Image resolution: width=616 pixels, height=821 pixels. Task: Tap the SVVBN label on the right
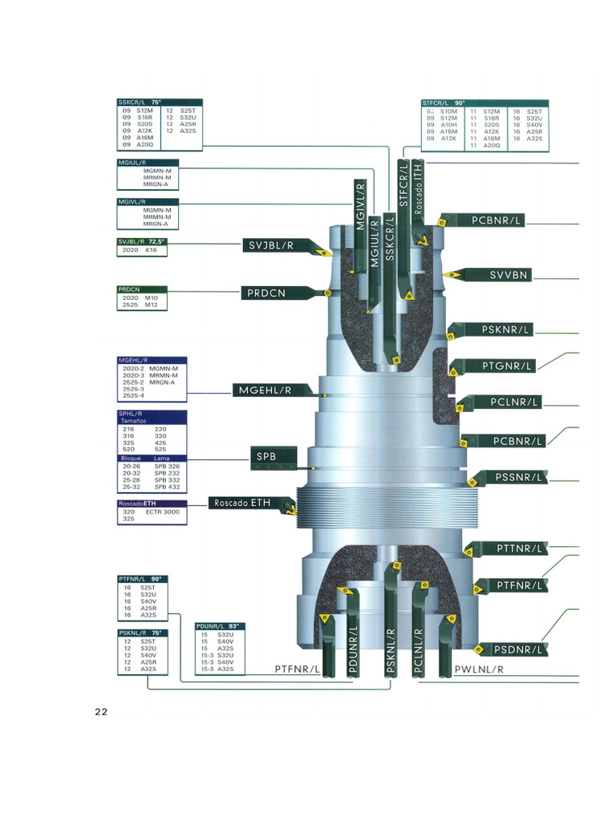509,275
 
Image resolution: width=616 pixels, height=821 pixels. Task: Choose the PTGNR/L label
507,366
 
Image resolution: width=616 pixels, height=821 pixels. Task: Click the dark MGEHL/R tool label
263,390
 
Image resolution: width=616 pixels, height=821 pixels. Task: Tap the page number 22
100,712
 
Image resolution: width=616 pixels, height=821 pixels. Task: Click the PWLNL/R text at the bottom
479,669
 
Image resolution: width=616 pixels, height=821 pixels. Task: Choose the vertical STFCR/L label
404,184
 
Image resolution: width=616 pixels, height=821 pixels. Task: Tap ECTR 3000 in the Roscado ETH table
163,512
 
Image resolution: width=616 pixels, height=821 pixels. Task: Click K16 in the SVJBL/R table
151,250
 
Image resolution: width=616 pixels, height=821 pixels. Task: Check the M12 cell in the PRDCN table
151,305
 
